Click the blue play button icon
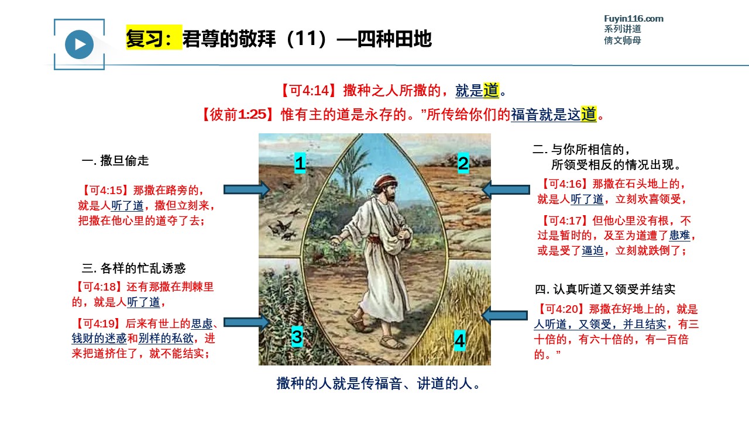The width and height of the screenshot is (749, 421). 79,44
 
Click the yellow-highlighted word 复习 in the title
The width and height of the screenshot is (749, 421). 145,39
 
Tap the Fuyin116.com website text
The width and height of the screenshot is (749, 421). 634,19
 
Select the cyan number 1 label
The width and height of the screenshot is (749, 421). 300,163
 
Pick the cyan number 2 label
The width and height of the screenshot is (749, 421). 463,163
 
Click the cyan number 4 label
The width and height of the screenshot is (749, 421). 459,340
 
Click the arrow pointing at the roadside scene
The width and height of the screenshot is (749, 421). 247,190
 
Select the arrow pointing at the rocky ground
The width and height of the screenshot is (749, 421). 506,190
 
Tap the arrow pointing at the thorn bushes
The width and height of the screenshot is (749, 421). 247,322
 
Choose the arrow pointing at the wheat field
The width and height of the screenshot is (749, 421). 504,315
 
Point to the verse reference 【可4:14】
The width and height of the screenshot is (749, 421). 308,91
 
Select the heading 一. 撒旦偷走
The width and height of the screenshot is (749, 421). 115,161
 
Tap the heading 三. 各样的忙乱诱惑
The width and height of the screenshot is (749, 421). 134,268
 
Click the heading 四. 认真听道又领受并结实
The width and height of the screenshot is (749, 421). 605,289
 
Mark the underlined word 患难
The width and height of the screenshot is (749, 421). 679,235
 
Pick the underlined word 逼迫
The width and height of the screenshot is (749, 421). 593,250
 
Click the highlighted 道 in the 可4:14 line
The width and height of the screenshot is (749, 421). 491,91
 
